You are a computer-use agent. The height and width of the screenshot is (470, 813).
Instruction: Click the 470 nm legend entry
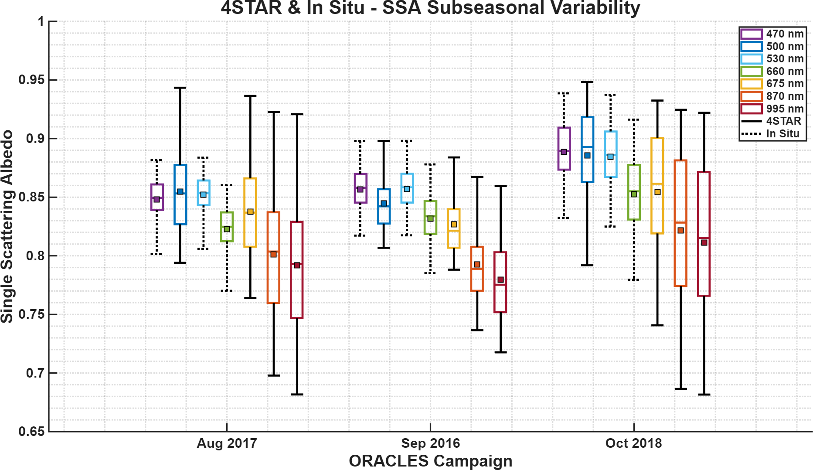[x=772, y=34]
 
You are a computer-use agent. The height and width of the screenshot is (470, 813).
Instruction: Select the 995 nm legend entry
[x=772, y=109]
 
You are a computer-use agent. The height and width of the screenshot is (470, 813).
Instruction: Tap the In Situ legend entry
[x=772, y=134]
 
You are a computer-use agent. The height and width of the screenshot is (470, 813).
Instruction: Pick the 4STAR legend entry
[x=772, y=121]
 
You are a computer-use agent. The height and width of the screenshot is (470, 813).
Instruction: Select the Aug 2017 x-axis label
[x=227, y=443]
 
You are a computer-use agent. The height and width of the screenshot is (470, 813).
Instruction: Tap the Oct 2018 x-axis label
[x=633, y=443]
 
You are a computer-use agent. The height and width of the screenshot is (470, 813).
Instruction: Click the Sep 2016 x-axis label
[x=430, y=443]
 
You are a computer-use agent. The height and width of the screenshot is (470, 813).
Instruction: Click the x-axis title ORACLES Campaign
[x=430, y=461]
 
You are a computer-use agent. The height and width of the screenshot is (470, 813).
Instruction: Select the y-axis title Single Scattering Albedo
[x=7, y=226]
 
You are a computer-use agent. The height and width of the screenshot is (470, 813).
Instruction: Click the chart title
[x=430, y=8]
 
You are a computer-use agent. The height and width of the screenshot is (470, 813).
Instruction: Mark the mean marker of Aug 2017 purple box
[x=156, y=199]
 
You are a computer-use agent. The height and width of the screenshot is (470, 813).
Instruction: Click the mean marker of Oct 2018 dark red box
[x=704, y=242]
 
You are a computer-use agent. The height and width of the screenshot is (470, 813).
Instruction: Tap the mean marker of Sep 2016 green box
[x=430, y=218]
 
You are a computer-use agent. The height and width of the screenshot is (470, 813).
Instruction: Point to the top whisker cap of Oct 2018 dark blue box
[x=587, y=82]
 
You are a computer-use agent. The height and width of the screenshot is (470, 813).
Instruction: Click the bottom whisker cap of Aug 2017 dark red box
[x=297, y=395]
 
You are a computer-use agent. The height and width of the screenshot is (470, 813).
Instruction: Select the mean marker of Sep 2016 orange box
[x=477, y=265]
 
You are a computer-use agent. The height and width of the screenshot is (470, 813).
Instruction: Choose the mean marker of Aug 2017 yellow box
[x=250, y=212]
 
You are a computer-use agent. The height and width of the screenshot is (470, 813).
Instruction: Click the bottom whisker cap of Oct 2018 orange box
[x=680, y=389]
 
